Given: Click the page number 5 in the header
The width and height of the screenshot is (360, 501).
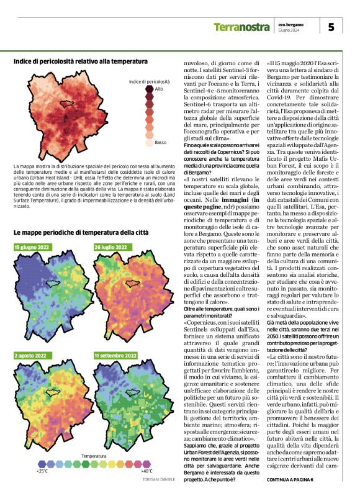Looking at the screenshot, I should click(x=331, y=27).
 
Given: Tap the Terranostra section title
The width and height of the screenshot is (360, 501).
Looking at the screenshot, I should click(x=242, y=27).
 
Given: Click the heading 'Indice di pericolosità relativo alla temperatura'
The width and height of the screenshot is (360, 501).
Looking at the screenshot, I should click(x=81, y=61).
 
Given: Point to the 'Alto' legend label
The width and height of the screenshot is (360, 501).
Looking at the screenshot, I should click(x=159, y=89).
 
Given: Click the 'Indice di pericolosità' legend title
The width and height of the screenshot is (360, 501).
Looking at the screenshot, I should click(x=150, y=81).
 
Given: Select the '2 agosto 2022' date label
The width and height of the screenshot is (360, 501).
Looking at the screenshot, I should click(x=31, y=356).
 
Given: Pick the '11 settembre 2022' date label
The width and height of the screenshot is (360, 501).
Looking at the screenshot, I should click(x=115, y=356).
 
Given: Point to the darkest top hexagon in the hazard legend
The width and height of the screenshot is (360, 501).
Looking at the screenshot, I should click(x=150, y=90).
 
